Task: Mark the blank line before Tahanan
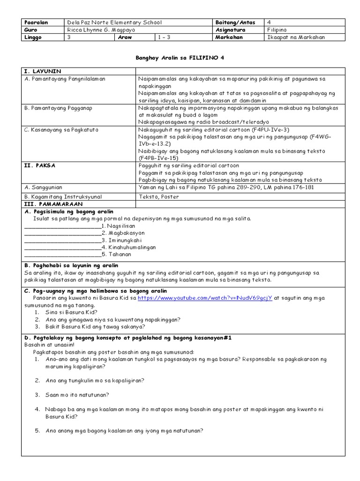(x=62, y=255)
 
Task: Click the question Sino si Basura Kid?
(x=71, y=312)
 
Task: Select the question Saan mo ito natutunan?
(x=77, y=395)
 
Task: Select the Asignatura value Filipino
(x=277, y=30)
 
